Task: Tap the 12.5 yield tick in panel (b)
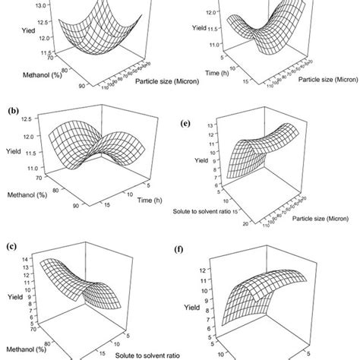tap(44, 119)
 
